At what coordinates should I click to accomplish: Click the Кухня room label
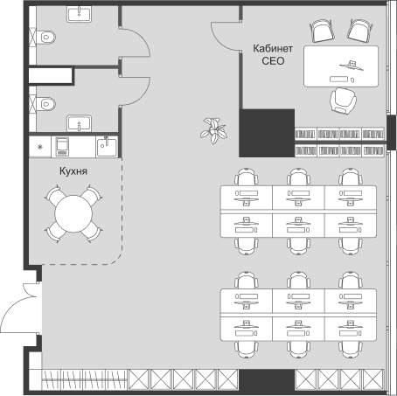coord(73,171)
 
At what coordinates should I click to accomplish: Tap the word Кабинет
coord(273,48)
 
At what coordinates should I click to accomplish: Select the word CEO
coord(273,61)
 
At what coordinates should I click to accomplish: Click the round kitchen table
coord(73,213)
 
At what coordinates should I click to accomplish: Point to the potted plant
coord(214,131)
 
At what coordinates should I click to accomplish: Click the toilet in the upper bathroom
coord(46,37)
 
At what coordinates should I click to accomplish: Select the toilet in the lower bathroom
coord(46,104)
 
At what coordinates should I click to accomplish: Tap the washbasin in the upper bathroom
coord(79,14)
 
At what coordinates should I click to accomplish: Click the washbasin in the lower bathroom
coord(79,123)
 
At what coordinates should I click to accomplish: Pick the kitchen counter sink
coord(107,147)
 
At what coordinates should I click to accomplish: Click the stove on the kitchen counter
coord(62,147)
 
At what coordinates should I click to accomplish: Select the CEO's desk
coord(341,66)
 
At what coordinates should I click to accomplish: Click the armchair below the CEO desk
coord(343,101)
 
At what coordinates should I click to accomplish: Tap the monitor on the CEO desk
coord(352,66)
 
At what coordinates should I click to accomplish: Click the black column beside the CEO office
coord(267,133)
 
